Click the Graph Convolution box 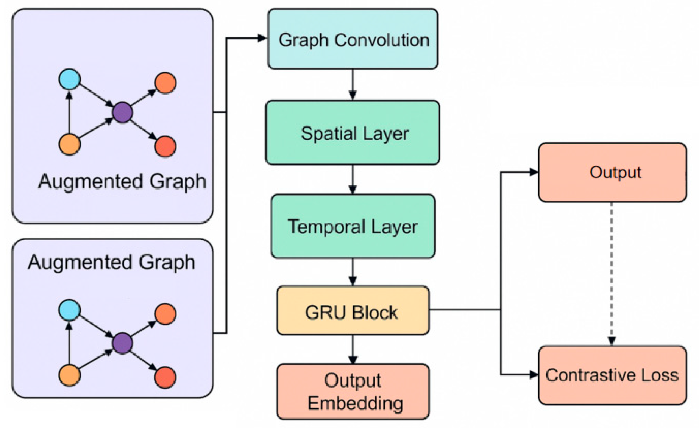tap(353, 39)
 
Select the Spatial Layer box tap(353, 132)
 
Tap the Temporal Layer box tap(353, 226)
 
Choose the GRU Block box tap(353, 311)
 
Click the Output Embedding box tap(353, 392)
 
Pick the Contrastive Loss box tap(612, 375)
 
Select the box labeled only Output tap(612, 172)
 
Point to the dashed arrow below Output tap(612, 272)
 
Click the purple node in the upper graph tap(122, 112)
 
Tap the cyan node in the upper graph tap(69, 79)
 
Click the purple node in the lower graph tap(122, 343)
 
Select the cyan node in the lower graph tap(69, 310)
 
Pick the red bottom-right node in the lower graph tap(165, 377)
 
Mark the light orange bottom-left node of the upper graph tap(69, 145)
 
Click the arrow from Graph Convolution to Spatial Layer tap(353, 84)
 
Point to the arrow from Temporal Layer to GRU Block tap(353, 272)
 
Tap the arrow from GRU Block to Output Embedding tap(353, 349)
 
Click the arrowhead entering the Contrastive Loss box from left tap(534, 375)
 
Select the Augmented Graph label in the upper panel tap(122, 182)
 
